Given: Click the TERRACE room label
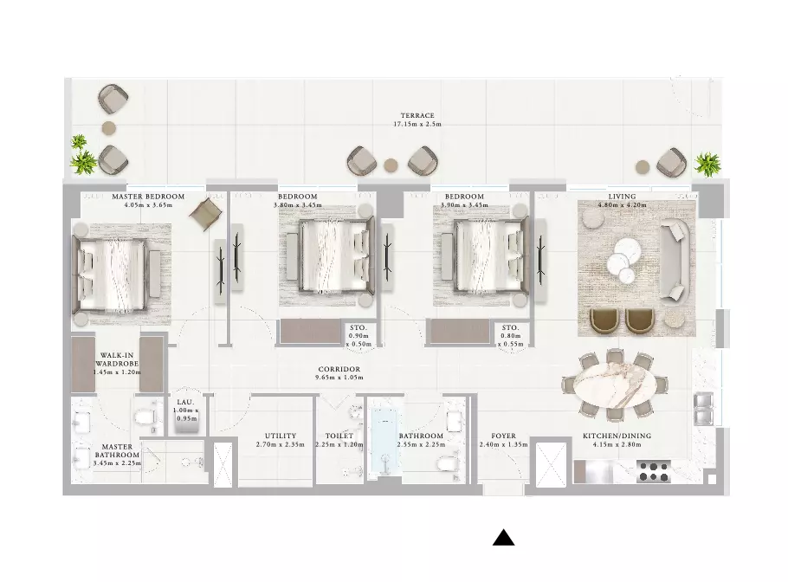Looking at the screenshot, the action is [x=417, y=115].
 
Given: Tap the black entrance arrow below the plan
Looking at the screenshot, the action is [x=504, y=538].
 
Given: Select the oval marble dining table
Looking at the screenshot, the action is [x=615, y=385].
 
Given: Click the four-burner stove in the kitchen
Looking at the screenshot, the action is [x=654, y=472].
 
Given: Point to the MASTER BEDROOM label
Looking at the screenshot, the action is [x=148, y=197].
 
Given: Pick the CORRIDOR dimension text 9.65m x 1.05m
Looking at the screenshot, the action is [x=339, y=378].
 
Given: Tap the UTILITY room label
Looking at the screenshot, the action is [x=281, y=436].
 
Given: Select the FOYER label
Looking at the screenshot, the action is [x=504, y=436].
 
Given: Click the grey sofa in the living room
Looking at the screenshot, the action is [x=675, y=262].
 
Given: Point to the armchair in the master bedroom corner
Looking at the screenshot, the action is [x=205, y=214].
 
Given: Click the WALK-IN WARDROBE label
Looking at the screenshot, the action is [x=117, y=359].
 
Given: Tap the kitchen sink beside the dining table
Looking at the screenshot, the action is [x=703, y=409].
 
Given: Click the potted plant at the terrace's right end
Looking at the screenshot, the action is [x=707, y=165].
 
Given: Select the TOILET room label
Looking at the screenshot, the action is [x=339, y=436].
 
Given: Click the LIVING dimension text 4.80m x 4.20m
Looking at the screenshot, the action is [x=622, y=205].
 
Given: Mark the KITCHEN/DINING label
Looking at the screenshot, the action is [x=617, y=436].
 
